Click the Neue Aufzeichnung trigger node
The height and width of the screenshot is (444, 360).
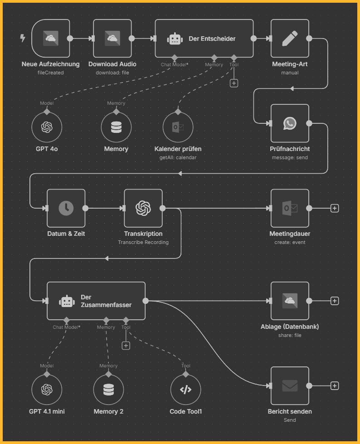tap(51, 39)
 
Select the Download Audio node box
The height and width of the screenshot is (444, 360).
tap(112, 39)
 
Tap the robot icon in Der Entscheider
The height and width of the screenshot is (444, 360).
tap(175, 39)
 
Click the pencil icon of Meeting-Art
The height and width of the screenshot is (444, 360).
tap(290, 39)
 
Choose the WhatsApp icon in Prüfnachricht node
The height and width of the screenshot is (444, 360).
tap(290, 123)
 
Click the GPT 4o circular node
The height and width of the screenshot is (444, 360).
tap(47, 127)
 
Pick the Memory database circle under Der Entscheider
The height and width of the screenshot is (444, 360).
tap(116, 127)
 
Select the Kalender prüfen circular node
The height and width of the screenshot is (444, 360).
tap(178, 127)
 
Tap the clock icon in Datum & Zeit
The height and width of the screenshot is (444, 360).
tap(66, 208)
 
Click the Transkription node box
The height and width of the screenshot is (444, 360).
tap(143, 208)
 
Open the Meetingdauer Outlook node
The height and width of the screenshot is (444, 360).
tap(290, 208)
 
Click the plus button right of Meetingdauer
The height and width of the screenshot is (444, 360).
tap(335, 208)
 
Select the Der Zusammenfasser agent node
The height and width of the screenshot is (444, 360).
tap(96, 301)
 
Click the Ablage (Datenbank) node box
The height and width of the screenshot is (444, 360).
tap(290, 301)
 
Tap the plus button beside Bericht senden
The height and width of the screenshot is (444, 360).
tap(335, 385)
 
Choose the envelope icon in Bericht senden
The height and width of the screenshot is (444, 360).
tap(290, 385)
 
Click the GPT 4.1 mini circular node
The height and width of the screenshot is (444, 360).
tap(47, 390)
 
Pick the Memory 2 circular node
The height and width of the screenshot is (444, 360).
tap(108, 390)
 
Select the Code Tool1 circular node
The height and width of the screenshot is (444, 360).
tap(185, 390)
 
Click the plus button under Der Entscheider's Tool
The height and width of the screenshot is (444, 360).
tap(234, 83)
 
